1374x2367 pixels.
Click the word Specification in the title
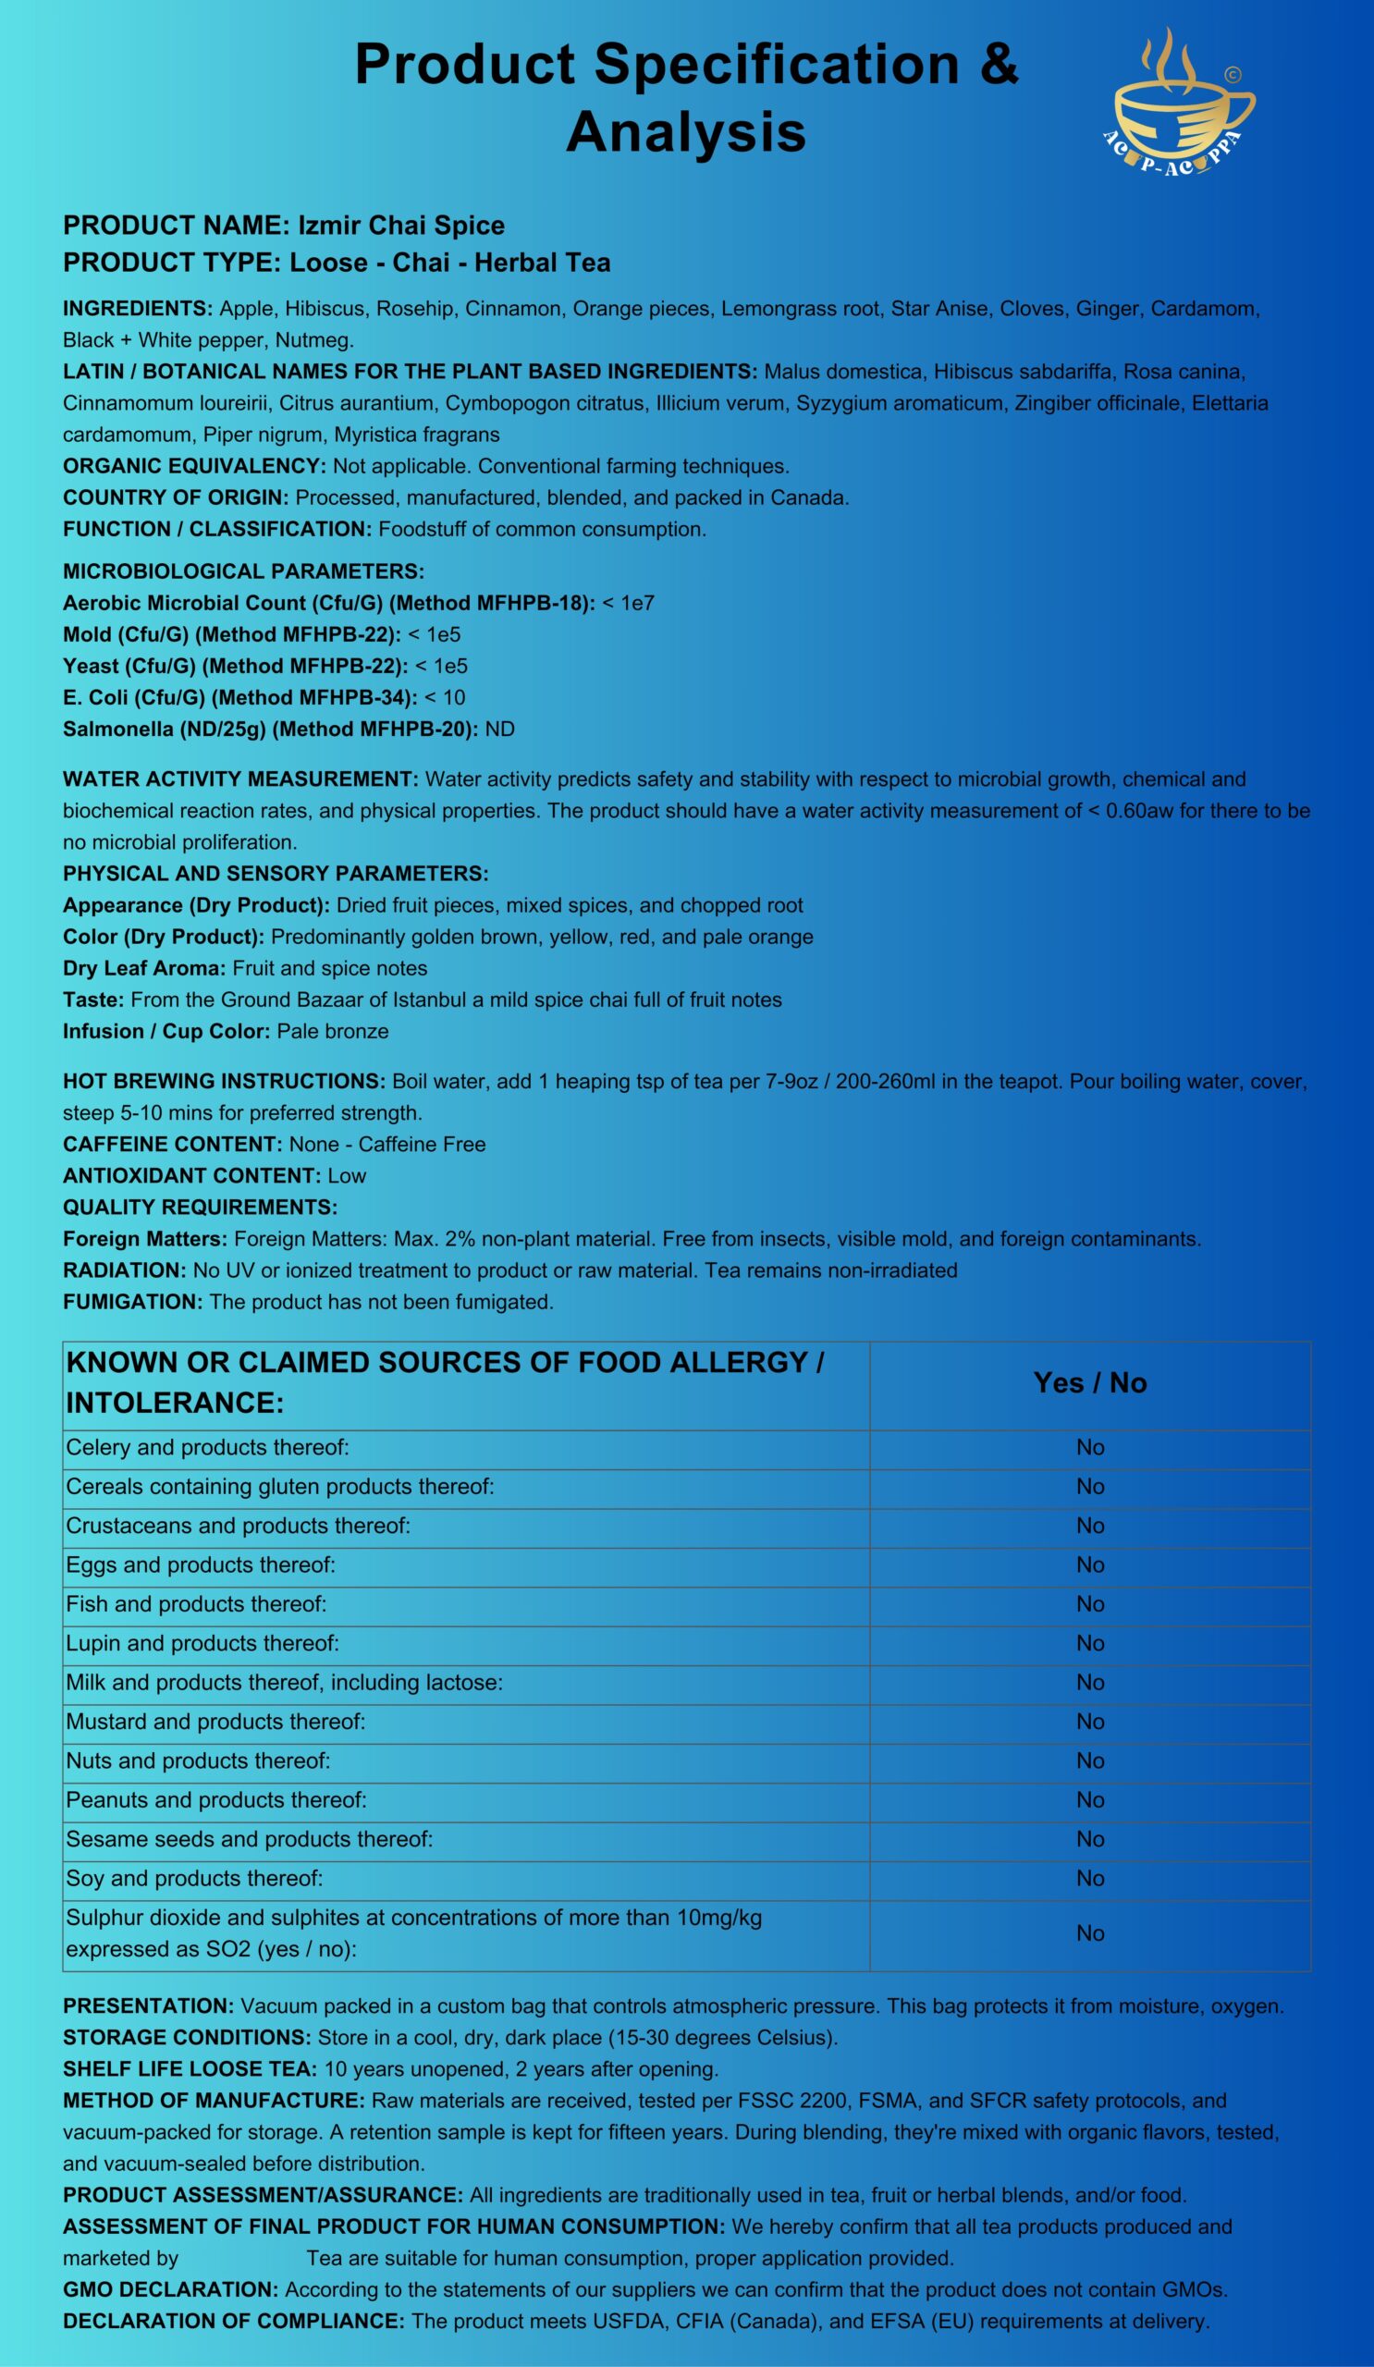pos(776,65)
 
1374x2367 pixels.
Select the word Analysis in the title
pos(685,131)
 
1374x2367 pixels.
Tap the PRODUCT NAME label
pos(174,226)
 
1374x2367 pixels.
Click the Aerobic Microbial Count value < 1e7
pos(629,603)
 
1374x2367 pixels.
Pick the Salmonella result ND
pos(499,729)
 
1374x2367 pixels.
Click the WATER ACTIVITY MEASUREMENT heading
pos(240,779)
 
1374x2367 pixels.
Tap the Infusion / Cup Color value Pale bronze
pos(333,1031)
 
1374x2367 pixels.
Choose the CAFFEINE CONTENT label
pos(172,1144)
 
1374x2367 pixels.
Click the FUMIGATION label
pos(132,1302)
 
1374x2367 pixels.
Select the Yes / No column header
pos(1089,1382)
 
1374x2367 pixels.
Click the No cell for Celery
pos(1089,1447)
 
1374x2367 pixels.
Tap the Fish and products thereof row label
pos(196,1604)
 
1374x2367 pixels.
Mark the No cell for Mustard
pos(1089,1722)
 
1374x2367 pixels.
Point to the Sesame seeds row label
pos(249,1839)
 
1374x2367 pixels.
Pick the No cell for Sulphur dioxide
pos(1089,1933)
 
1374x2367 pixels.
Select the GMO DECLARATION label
pos(170,2289)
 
